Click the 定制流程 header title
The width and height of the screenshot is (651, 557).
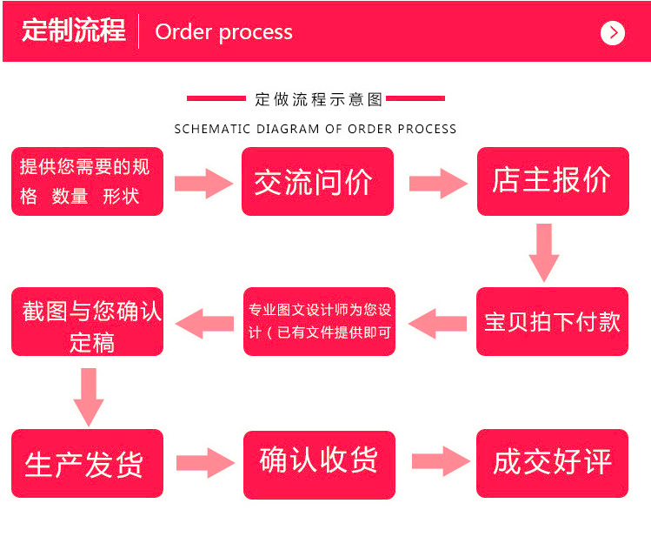pos(73,31)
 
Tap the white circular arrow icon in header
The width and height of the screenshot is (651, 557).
pos(613,33)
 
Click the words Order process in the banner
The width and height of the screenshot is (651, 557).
pos(223,32)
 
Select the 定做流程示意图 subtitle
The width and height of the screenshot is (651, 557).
pos(319,99)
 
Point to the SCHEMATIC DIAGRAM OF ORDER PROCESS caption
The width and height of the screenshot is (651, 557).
pos(316,129)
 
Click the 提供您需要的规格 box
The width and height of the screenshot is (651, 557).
pos(87,181)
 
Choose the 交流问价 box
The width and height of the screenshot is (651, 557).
pos(317,181)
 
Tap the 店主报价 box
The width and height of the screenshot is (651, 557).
pos(553,181)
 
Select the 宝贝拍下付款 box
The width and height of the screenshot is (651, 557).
pos(552,321)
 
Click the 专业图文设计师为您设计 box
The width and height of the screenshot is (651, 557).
pos(319,321)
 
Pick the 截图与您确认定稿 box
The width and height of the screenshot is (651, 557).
pos(88,321)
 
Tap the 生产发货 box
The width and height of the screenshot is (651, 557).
pos(87,463)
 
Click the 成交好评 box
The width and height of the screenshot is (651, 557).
pos(552,463)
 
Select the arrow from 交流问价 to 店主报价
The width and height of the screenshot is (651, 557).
pos(437,183)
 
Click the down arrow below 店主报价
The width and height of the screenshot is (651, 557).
pos(544,252)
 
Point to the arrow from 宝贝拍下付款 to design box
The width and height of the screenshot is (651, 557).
pos(436,323)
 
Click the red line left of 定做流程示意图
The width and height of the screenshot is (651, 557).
pos(216,98)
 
